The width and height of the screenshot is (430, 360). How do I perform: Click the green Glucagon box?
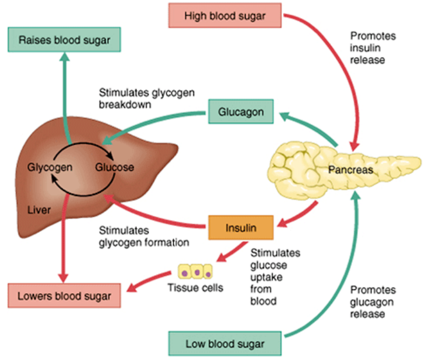pos(241,111)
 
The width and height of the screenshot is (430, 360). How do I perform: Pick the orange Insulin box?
pos(241,227)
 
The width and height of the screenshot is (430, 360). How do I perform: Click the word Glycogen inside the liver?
pos(50,167)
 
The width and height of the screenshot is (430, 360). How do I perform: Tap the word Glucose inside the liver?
pos(115,167)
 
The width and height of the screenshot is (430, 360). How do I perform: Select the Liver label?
pos(39,210)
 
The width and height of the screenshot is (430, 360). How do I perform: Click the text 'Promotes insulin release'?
pos(372,47)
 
